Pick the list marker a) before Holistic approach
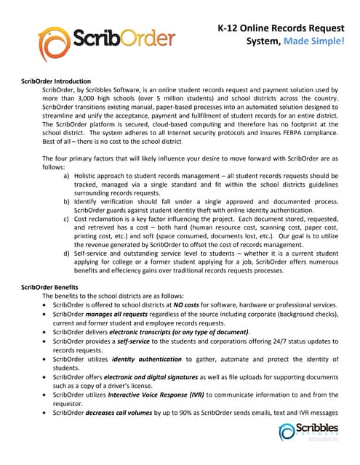point(68,175)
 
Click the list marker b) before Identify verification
point(68,198)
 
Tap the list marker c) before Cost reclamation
point(68,218)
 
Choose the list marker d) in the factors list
point(68,253)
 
